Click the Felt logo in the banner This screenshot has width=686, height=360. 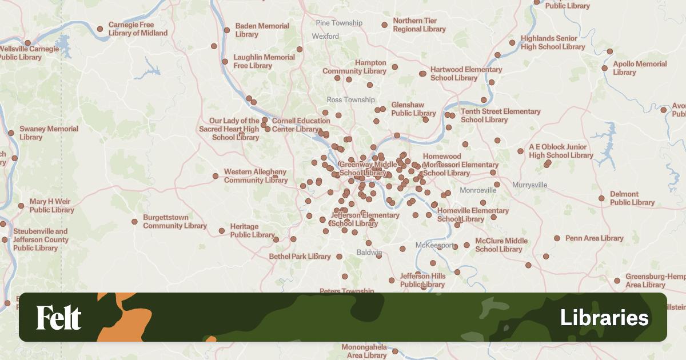pos(59,318)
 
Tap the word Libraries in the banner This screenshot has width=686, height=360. pos(604,318)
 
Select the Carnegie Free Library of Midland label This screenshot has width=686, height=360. pos(138,29)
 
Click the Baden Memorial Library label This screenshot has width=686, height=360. pos(262,30)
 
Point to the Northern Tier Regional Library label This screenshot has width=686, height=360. pos(419,25)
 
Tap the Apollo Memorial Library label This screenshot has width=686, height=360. pos(640,68)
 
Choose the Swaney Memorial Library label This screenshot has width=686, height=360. pos(49,133)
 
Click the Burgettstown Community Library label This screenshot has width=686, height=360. pos(174,222)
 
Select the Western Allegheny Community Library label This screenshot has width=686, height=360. pos(255,176)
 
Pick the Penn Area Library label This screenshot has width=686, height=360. pos(594,238)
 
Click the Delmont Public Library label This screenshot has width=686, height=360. pos(632,198)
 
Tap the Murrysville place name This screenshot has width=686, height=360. pos(529,185)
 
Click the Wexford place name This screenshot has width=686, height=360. pos(325,37)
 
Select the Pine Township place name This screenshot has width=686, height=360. pos(339,23)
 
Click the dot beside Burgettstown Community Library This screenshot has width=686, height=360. pos(134,222)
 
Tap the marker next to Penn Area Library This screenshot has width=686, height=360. pos(557,238)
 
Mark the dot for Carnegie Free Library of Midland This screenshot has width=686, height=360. pos(100,29)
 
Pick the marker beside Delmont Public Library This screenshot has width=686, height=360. pos(601,198)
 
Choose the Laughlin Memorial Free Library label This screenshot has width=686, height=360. pos(264,62)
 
